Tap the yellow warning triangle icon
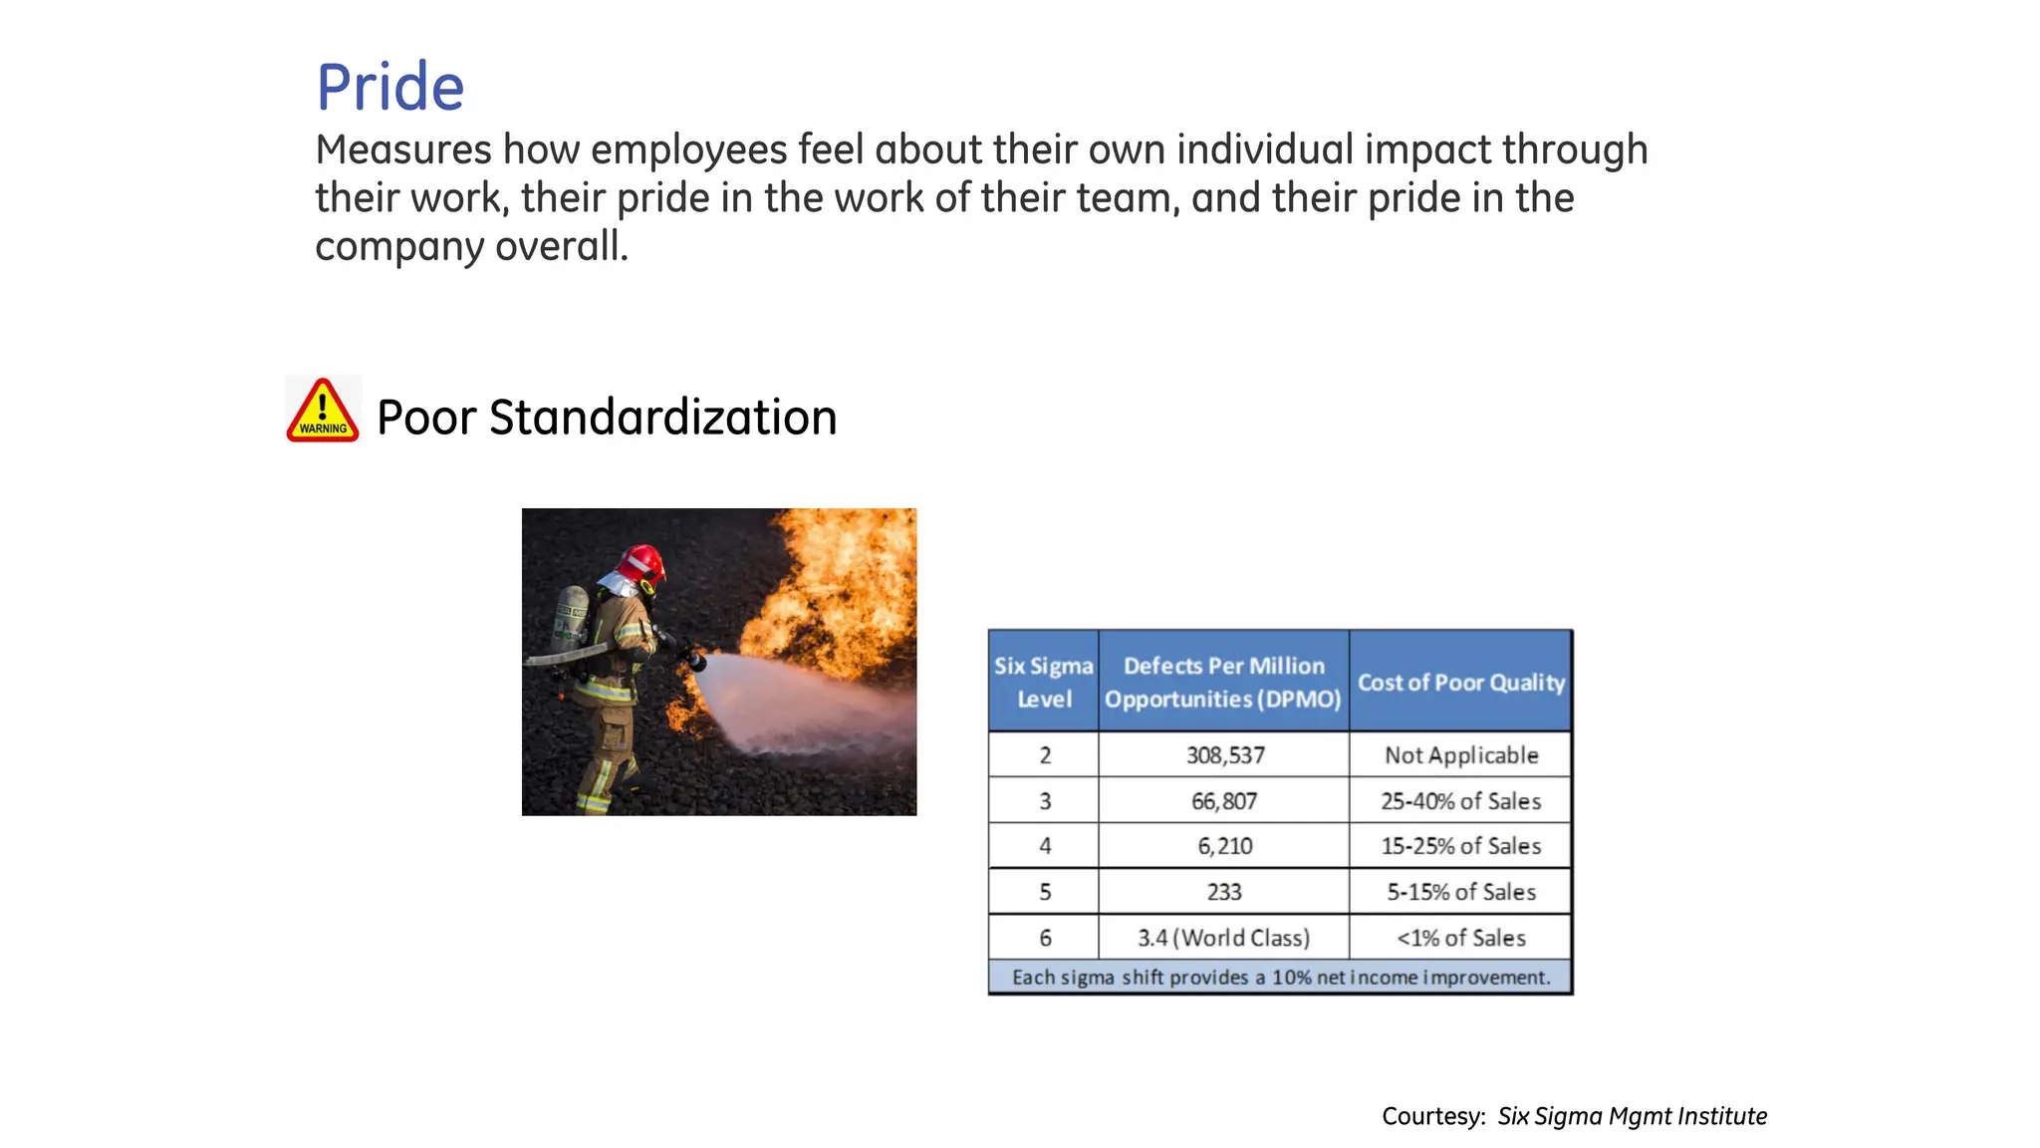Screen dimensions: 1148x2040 pos(323,411)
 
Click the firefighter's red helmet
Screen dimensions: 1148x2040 pos(642,563)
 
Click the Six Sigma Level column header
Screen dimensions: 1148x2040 pos(1043,682)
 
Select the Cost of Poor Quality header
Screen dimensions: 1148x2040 pos(1460,683)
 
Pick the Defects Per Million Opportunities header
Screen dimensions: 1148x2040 pos(1223,682)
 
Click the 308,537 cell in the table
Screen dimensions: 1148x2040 pos(1224,755)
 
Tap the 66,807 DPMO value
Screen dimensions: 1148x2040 pos(1224,801)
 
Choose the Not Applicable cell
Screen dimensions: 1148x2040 pos(1460,755)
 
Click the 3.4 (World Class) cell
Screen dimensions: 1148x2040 pos(1223,938)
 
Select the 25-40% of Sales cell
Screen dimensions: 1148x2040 pos(1460,801)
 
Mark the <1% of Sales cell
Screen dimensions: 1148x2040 pos(1460,938)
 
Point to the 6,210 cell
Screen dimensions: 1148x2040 pos(1224,846)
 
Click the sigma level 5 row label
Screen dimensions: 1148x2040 pos(1044,892)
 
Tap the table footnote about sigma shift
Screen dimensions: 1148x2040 pos(1280,978)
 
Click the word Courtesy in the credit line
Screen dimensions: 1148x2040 pos(1432,1116)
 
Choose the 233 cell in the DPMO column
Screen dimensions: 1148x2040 pos(1224,892)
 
